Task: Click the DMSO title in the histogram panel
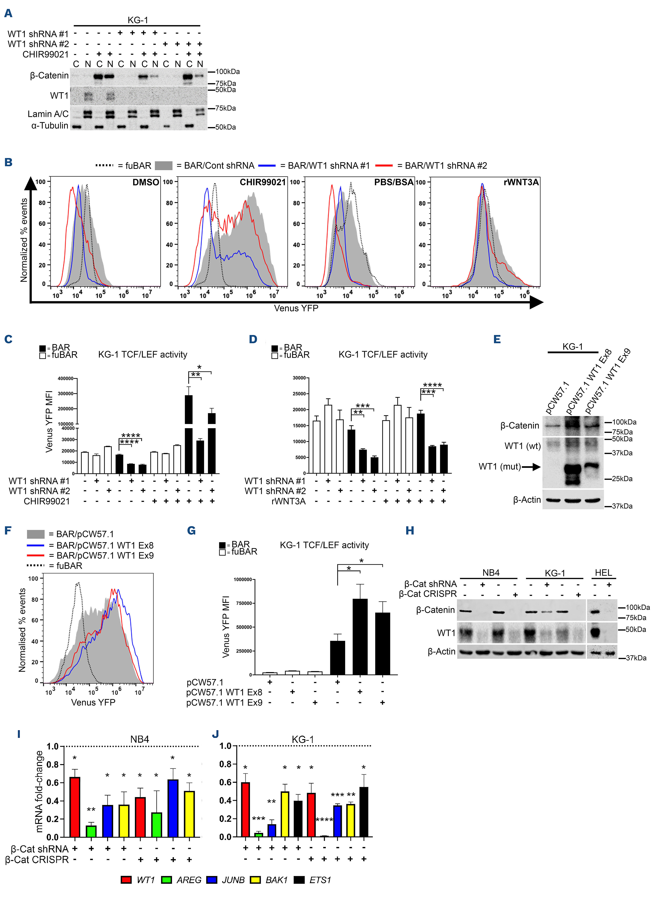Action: tap(146, 182)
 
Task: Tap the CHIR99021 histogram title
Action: tap(263, 182)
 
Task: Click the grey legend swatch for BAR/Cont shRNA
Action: tap(164, 166)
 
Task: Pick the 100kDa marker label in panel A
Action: tap(227, 72)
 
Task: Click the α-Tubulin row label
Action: tap(50, 126)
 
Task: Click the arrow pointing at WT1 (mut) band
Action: tap(531, 467)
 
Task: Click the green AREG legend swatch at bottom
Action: tap(166, 880)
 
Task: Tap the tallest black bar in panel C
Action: tap(189, 434)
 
